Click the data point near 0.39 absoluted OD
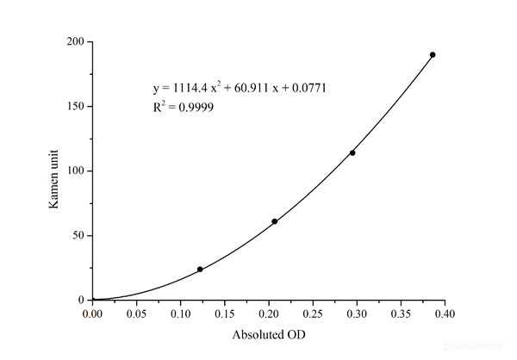click(x=433, y=55)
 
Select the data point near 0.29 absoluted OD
click(x=352, y=153)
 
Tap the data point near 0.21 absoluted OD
click(x=275, y=221)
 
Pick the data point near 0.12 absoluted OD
click(x=200, y=270)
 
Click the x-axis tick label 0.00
click(x=92, y=314)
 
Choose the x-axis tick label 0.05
click(x=136, y=314)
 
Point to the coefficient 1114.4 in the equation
click(x=183, y=88)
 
